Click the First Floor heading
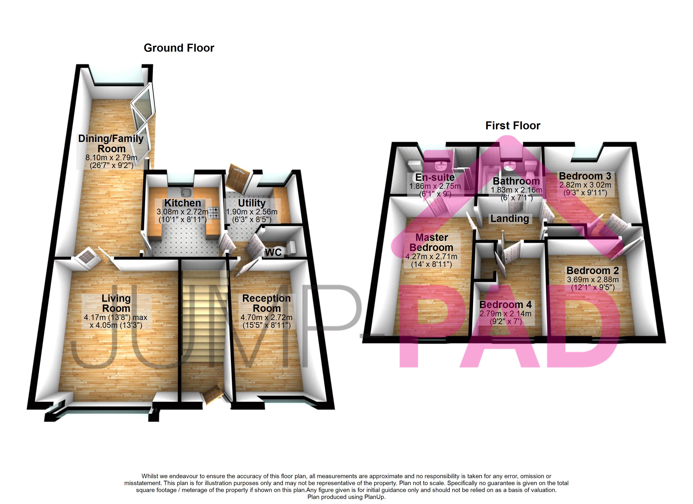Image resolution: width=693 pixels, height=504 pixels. tap(513, 126)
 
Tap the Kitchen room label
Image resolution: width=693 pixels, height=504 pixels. tap(182, 203)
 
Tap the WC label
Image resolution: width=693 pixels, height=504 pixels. tap(273, 252)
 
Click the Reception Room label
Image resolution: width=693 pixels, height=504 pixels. tap(266, 303)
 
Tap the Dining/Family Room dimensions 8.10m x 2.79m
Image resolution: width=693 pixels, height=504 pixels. tap(111, 158)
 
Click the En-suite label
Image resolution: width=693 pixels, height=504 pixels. tap(435, 177)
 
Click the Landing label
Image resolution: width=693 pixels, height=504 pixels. tap(509, 219)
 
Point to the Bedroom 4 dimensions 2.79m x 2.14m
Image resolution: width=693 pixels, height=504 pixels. tap(505, 314)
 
